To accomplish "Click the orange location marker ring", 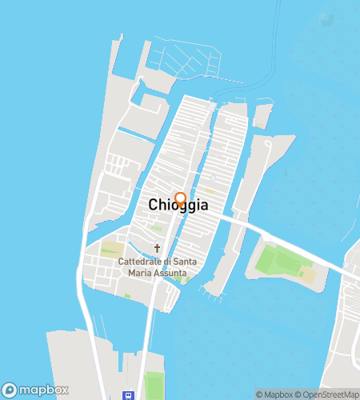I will pyautogui.click(x=181, y=198).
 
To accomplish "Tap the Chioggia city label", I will pyautogui.click(x=178, y=206).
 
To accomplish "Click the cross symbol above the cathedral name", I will pyautogui.click(x=157, y=248).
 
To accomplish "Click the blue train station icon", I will pyautogui.click(x=127, y=394).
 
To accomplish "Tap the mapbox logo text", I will pyautogui.click(x=44, y=390).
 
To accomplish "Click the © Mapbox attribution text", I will pyautogui.click(x=274, y=394).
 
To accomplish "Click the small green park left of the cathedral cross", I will pyautogui.click(x=111, y=249).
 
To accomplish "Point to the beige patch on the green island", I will pyautogui.click(x=308, y=274).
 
